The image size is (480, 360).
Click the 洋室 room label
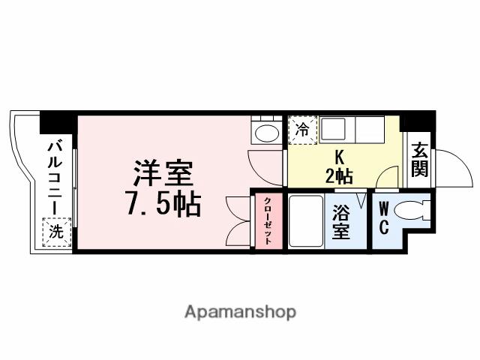click(163, 174)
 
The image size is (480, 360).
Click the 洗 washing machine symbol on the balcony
click(57, 232)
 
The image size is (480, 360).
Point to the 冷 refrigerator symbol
click(304, 128)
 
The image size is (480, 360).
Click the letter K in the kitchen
click(338, 157)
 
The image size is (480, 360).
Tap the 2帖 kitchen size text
click(338, 177)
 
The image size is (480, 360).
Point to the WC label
click(383, 217)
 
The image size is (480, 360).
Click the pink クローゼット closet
click(267, 220)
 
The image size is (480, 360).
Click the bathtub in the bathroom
click(304, 221)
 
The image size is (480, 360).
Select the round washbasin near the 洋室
click(265, 133)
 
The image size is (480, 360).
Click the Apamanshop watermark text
click(239, 310)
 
